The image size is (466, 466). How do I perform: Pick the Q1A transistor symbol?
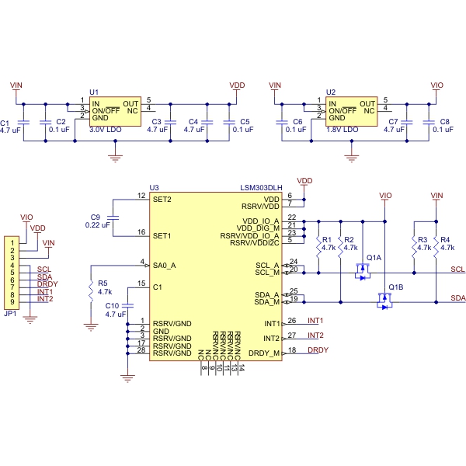(x=362, y=272)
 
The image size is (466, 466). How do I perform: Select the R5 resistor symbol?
(x=92, y=287)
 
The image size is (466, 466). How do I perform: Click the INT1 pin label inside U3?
(x=269, y=322)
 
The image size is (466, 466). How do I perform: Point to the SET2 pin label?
(x=162, y=200)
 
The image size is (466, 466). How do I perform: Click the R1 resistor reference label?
(x=327, y=240)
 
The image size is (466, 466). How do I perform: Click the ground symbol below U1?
(x=115, y=158)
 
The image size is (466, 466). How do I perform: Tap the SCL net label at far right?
(x=457, y=269)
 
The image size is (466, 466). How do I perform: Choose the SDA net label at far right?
(x=457, y=297)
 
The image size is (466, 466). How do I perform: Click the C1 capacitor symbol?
(x=23, y=122)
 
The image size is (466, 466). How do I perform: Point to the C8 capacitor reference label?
(x=444, y=122)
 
